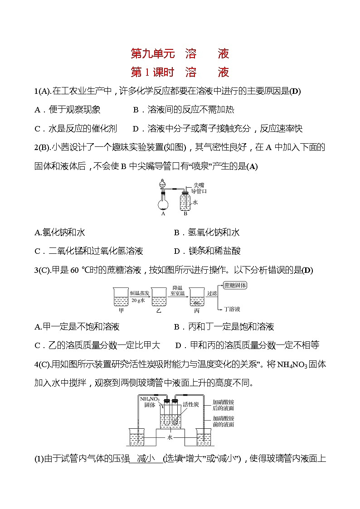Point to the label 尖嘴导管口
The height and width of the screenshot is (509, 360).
pyautogui.click(x=199, y=188)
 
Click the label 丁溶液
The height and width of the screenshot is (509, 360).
pyautogui.click(x=232, y=309)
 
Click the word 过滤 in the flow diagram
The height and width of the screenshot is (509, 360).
pyautogui.click(x=212, y=293)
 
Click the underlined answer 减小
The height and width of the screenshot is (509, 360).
pyautogui.click(x=146, y=459)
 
